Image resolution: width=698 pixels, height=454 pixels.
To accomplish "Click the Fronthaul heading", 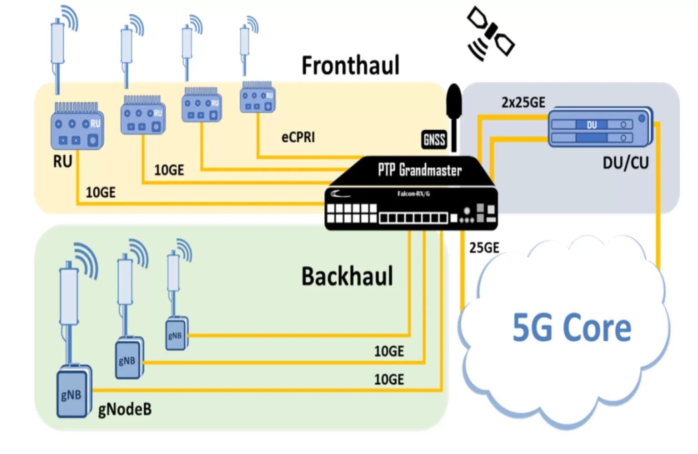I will coord(350,65).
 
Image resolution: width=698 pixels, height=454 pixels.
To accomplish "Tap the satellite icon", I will coord(490,34).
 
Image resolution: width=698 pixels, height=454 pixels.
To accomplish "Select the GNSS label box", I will coord(434,140).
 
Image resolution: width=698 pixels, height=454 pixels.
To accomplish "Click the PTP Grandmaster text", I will coord(419,170).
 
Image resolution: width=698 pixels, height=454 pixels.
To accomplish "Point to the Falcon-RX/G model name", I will coord(413,194).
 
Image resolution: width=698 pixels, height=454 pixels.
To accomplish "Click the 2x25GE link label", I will coord(523,103).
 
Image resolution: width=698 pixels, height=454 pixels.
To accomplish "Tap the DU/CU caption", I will coord(625,163).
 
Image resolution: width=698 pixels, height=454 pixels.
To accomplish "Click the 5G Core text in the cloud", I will coord(572,328).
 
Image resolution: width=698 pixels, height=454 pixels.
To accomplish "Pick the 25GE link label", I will coord(484,248).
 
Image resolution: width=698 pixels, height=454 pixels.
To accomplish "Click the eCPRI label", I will coord(298,137).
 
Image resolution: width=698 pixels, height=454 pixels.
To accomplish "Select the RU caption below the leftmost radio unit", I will coord(63,161).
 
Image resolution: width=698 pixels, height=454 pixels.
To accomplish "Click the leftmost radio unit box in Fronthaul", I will coord(77,130).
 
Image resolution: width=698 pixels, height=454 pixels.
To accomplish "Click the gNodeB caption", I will coord(125,409).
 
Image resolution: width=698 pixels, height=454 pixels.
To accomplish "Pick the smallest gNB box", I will coord(175,335).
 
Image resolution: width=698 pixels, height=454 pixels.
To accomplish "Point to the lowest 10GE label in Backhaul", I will coord(389,379).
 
